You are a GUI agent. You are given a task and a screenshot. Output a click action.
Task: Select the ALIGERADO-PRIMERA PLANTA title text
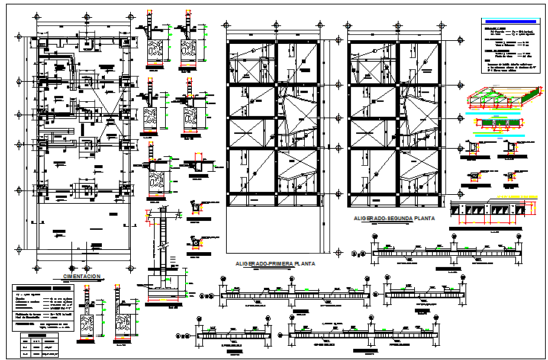(x=275, y=264)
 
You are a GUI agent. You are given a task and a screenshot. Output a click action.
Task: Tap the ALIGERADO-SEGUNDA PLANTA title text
(x=395, y=219)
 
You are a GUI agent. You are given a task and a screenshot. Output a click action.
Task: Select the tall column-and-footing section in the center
(x=158, y=253)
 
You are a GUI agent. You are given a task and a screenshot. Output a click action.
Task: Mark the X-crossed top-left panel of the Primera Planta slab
(x=250, y=62)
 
